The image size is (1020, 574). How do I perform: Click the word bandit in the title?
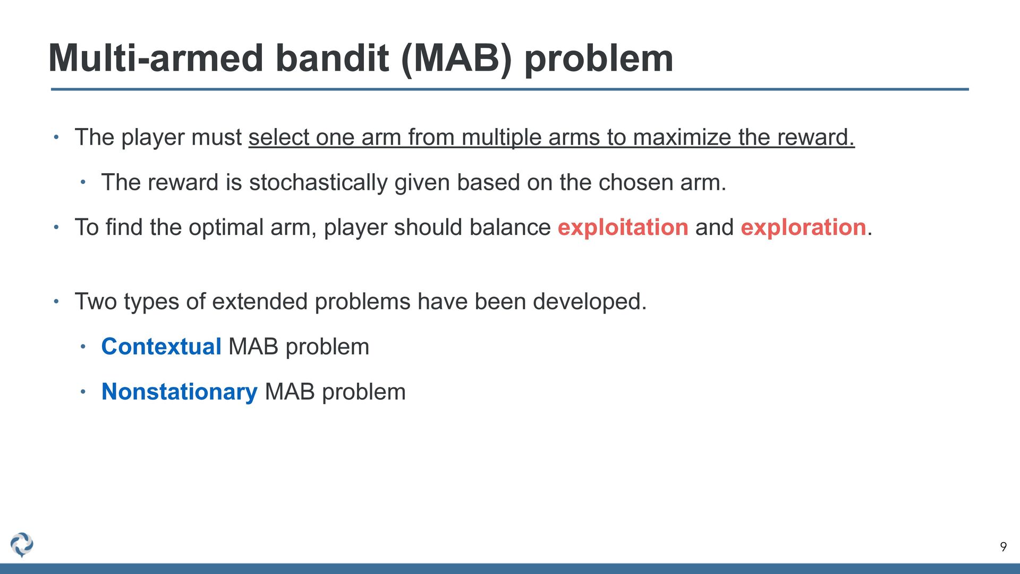click(x=332, y=58)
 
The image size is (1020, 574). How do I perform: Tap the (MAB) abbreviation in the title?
click(x=457, y=59)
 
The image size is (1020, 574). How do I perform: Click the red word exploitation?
click(x=623, y=228)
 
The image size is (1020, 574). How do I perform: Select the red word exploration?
click(x=803, y=228)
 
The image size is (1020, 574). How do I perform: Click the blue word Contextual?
click(x=161, y=347)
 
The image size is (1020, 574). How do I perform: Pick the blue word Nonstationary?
click(x=180, y=392)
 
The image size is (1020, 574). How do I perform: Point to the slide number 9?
click(x=1003, y=547)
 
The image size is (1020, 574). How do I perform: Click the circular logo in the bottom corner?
click(x=22, y=545)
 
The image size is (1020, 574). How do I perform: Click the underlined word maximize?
click(x=682, y=138)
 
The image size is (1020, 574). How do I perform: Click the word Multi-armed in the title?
click(x=156, y=58)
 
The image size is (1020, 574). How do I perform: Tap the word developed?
click(x=590, y=302)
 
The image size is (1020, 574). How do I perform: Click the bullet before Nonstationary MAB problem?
click(x=83, y=392)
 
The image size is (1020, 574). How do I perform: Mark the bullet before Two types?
click(x=56, y=302)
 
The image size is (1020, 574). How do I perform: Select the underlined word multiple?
click(x=501, y=138)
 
